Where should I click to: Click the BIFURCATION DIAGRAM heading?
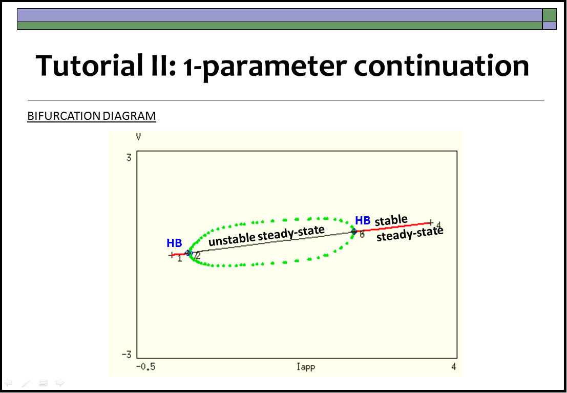pos(92,116)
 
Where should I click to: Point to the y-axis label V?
pos(138,137)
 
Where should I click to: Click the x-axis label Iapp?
pos(306,367)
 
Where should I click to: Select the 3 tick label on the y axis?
pos(129,158)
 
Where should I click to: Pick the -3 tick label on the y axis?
pos(126,354)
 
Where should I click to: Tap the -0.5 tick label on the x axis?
pos(146,367)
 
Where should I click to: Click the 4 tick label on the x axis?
pos(453,366)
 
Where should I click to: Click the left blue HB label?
pos(174,243)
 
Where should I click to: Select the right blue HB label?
pos(363,220)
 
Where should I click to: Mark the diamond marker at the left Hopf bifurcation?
pos(187,253)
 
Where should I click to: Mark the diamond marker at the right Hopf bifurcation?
pos(354,232)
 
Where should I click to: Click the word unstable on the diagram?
pos(232,239)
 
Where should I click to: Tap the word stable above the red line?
pos(391,220)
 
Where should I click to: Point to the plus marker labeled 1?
pos(172,255)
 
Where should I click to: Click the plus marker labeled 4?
pos(430,222)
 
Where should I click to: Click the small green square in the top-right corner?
pos(549,15)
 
